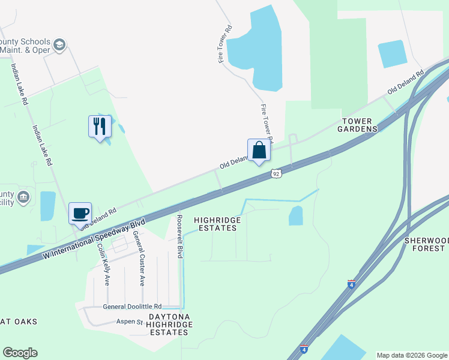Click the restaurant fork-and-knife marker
100,126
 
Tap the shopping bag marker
259,150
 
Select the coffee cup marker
80,213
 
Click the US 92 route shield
276,173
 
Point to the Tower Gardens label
360,125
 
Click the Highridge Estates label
217,224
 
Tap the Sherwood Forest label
427,244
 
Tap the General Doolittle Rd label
132,306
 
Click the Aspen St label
129,322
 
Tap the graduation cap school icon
59,45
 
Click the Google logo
20,353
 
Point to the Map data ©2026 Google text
411,355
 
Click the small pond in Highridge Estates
295,215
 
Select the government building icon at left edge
23,196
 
